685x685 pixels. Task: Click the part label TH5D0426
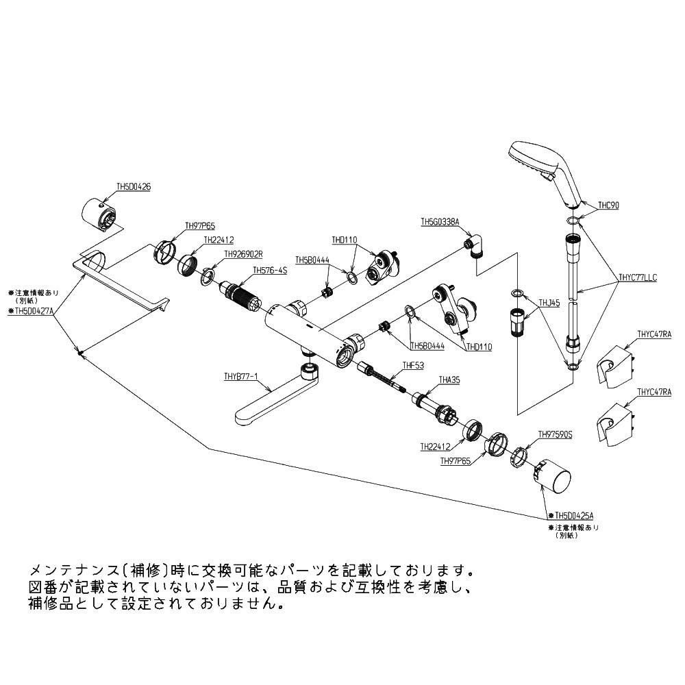(x=133, y=186)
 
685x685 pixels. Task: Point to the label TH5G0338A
(x=439, y=222)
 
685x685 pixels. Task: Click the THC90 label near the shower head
(x=608, y=204)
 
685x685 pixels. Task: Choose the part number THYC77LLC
(x=637, y=278)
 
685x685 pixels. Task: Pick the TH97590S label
(x=555, y=434)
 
